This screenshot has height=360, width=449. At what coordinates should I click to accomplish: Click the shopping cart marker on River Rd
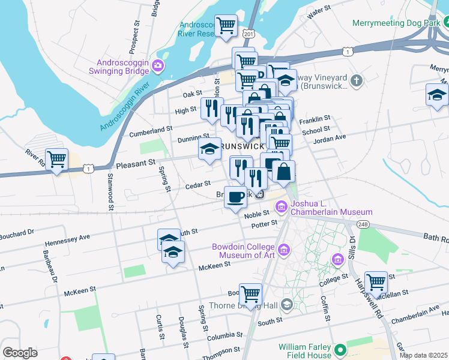point(57,160)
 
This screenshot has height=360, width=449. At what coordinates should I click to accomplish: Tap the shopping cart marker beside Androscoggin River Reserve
point(226,26)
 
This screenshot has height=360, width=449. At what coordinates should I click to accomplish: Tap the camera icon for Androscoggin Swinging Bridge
point(158,65)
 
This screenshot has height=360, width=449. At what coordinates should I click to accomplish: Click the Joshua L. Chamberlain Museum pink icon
point(281,207)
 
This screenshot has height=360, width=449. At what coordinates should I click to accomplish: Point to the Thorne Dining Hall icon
point(286,305)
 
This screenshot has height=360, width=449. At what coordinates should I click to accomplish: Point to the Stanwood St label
point(111,191)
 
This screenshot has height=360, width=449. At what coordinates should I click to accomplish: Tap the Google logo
point(20,353)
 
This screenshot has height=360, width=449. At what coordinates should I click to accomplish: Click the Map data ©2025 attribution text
point(423,355)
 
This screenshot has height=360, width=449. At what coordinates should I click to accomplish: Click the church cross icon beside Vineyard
point(356,80)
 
